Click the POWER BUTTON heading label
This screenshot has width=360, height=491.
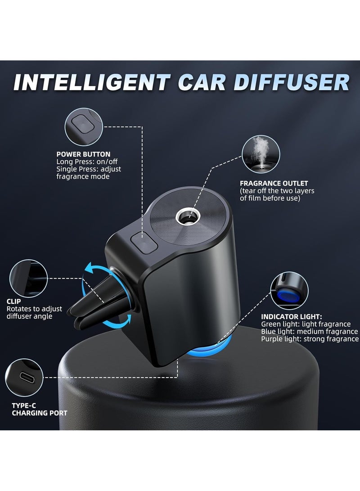click(83, 154)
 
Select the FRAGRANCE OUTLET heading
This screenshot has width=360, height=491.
click(274, 183)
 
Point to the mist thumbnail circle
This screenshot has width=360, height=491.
click(262, 154)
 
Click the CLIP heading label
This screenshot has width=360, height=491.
click(14, 302)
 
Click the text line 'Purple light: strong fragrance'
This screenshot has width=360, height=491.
click(310, 339)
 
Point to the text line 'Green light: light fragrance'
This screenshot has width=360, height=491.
click(306, 324)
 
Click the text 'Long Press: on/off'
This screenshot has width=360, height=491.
click(88, 162)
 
